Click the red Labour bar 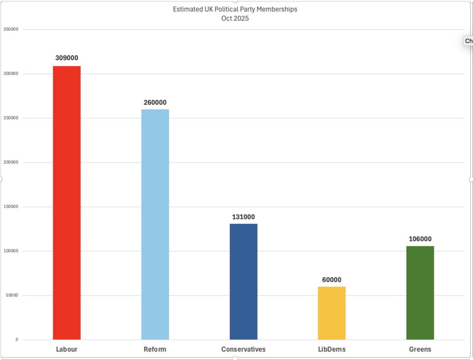tap(67, 203)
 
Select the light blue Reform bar tap(155, 224)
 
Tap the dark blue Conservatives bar tap(243, 282)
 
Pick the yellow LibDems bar tap(332, 313)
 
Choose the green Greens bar tap(420, 293)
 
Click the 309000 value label tap(67, 58)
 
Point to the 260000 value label tap(155, 102)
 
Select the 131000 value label tap(243, 217)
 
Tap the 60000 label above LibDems tap(332, 280)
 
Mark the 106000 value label tap(420, 239)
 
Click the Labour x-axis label tap(67, 349)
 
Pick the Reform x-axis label tap(155, 349)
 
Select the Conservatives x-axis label tap(243, 349)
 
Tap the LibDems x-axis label tap(332, 349)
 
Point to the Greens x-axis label tap(420, 349)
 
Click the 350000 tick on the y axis tap(11, 30)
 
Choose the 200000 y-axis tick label tap(11, 162)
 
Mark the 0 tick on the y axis tap(17, 340)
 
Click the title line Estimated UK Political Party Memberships tap(235, 9)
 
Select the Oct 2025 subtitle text tap(235, 18)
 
